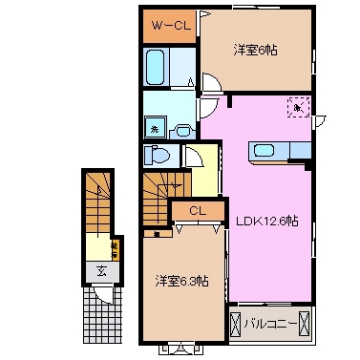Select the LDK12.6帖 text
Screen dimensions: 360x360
[266, 221]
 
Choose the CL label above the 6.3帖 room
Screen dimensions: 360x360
[197, 211]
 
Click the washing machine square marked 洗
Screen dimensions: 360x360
[153, 126]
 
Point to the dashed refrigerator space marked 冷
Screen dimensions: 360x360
[299, 108]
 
